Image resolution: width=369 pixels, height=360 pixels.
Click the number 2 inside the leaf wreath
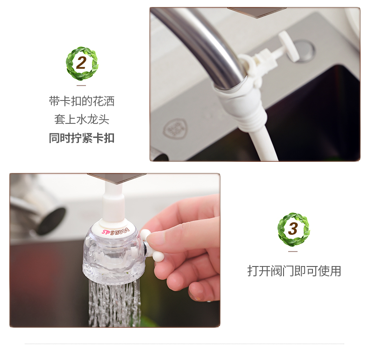click(81, 63)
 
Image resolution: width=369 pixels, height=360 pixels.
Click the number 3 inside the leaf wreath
click(293, 229)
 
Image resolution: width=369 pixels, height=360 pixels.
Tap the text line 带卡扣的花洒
click(82, 101)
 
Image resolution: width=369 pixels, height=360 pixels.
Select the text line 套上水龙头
click(82, 119)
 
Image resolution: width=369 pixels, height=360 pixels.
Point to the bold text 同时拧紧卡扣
click(82, 138)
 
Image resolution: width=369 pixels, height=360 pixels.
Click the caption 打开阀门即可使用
click(294, 271)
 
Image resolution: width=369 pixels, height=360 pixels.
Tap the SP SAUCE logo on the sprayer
click(115, 231)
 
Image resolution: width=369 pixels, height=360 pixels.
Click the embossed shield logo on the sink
click(175, 129)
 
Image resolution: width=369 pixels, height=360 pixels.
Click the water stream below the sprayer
click(114, 304)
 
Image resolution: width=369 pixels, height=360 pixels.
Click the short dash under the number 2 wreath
click(81, 86)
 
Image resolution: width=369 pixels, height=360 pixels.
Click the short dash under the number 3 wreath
click(293, 252)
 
